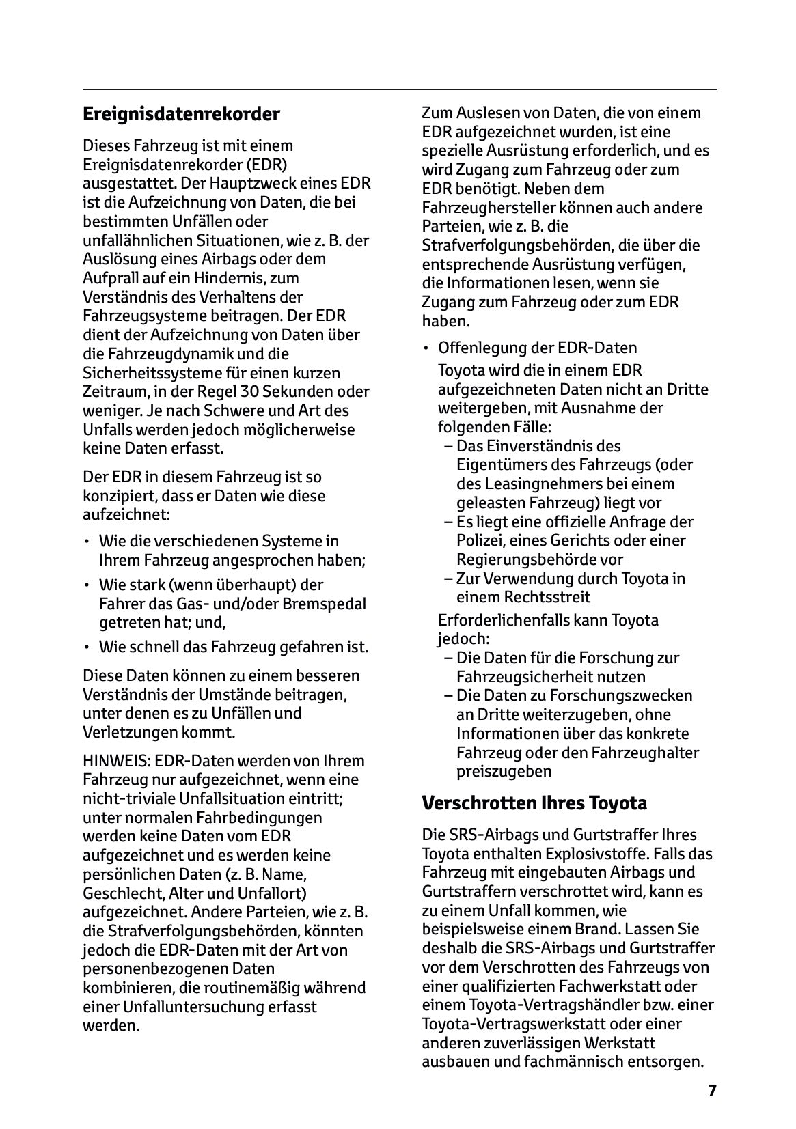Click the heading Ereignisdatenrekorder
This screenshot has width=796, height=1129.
pos(181,114)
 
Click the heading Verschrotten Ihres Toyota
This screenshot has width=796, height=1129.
pos(534,803)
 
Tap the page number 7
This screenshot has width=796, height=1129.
pos(712,1090)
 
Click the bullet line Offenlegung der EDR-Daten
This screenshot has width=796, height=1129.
pos(537,348)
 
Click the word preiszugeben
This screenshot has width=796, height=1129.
pos(504,771)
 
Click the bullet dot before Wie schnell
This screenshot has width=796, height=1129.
pos(87,647)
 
